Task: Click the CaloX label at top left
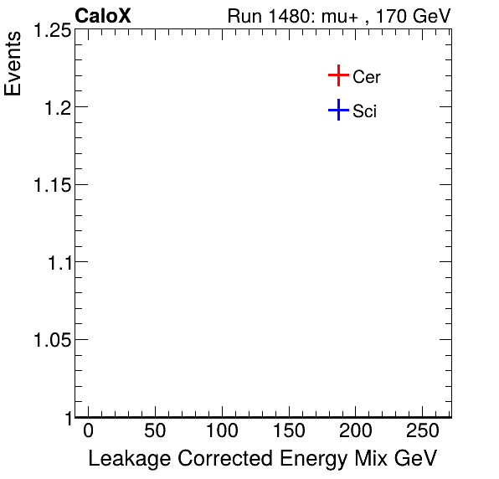103,16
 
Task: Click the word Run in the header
244,17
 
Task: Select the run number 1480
288,17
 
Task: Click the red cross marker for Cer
337,76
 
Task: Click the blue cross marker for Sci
337,110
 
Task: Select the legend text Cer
367,77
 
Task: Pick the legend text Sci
364,111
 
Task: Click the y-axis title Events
14,65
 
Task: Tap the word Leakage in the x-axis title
124,459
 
